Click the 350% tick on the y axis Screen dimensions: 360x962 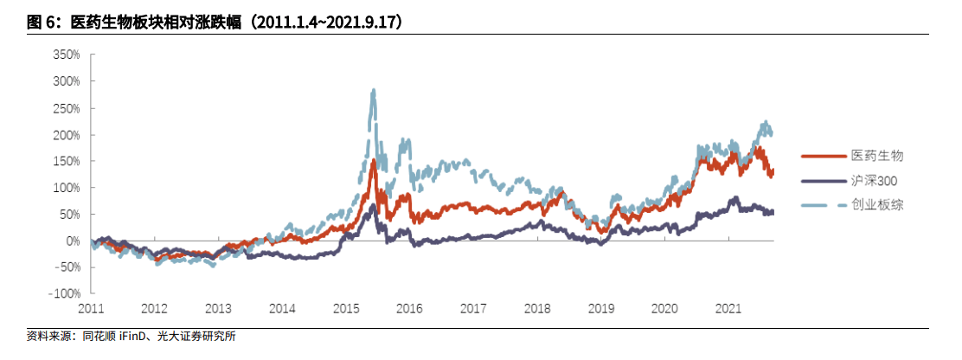(66, 55)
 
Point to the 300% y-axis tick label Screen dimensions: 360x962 (66, 81)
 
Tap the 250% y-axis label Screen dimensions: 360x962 (66, 108)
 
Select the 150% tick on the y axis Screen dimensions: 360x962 (66, 161)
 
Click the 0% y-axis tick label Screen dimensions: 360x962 (73, 241)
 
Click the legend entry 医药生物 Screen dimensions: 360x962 (876, 156)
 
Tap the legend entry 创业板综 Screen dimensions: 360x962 (876, 204)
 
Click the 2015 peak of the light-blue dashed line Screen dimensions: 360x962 (373, 91)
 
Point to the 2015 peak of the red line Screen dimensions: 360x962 (373, 161)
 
